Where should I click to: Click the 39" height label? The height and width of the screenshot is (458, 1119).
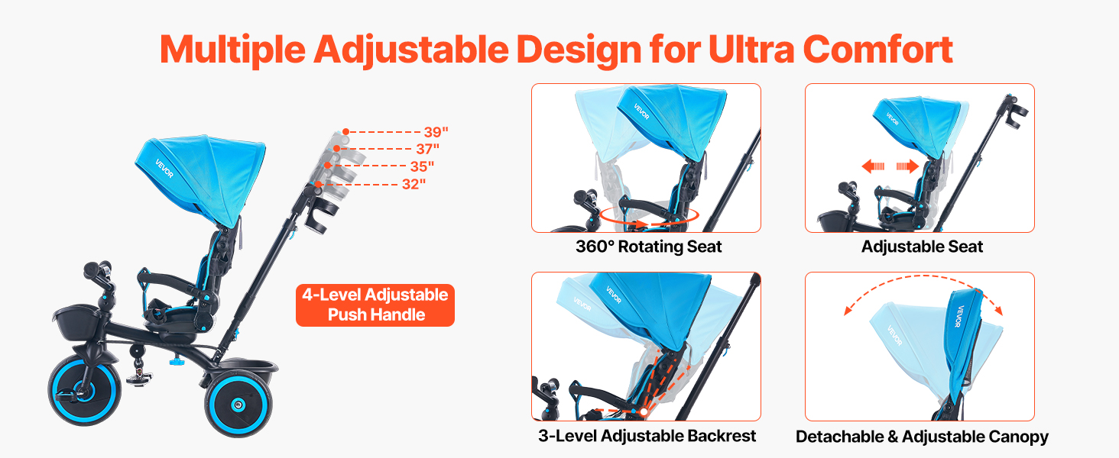(436, 132)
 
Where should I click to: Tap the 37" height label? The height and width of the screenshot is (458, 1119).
(427, 149)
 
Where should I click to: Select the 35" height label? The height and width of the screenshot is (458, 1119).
(422, 166)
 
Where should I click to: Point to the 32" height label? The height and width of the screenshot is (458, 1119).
(414, 184)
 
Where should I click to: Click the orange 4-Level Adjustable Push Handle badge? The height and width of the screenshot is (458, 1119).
(375, 305)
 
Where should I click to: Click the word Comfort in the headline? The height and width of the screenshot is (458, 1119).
(877, 50)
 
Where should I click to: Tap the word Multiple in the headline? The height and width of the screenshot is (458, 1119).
(232, 51)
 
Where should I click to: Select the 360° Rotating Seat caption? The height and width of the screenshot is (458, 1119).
(648, 247)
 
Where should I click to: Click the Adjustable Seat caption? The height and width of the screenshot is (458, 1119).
(922, 247)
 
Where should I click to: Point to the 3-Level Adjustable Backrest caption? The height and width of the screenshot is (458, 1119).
(647, 436)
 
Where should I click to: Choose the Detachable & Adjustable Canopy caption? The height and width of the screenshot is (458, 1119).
(922, 437)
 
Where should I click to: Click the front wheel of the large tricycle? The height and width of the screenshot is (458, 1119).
(84, 390)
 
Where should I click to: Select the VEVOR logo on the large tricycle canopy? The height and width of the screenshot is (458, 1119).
(164, 169)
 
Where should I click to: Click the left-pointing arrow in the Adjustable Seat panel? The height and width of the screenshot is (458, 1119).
(873, 166)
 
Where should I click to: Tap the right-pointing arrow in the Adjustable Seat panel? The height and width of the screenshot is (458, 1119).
(908, 166)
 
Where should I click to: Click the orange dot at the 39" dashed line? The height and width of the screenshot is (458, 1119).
(345, 132)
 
